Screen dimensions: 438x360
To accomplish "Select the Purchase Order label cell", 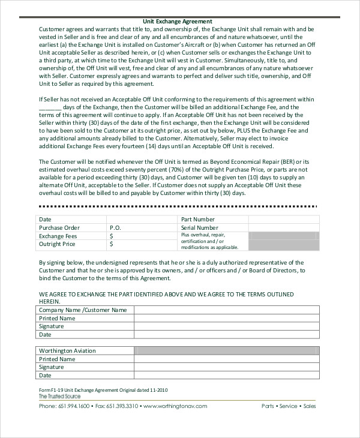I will click(x=59, y=228).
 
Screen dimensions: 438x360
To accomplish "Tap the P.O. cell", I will click(x=116, y=228).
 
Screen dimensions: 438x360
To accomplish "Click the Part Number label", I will click(x=197, y=220).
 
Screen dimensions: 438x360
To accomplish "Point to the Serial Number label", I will click(x=199, y=228).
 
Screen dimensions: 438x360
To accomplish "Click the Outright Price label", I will click(x=57, y=244).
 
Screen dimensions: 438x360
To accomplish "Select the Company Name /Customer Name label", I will click(x=83, y=310).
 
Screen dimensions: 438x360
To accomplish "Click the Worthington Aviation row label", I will click(x=67, y=350).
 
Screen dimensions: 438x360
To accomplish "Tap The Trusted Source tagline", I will click(x=59, y=397).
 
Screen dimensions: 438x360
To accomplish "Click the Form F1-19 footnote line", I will click(x=103, y=390).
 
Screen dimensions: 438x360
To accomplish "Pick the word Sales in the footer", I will click(x=310, y=406).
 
